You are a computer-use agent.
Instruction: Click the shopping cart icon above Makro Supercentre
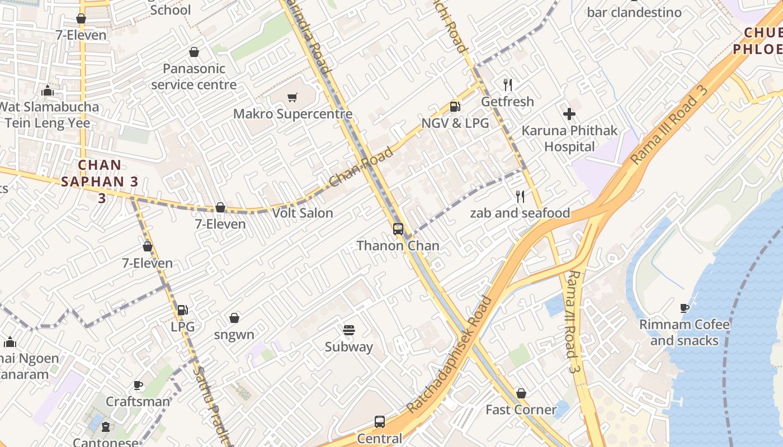(292, 98)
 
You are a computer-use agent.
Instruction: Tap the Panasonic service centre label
(194, 77)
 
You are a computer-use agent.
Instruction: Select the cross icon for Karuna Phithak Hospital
(569, 114)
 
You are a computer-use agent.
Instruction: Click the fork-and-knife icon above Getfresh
(508, 85)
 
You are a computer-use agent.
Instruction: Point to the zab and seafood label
(520, 213)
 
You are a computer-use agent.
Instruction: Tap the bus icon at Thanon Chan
(398, 229)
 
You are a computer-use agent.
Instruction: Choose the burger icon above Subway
(349, 330)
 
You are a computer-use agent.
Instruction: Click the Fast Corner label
(521, 410)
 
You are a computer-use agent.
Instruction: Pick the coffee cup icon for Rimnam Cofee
(685, 308)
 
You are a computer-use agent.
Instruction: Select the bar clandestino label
(634, 12)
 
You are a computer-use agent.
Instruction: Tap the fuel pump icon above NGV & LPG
(455, 107)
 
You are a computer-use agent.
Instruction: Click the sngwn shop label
(234, 335)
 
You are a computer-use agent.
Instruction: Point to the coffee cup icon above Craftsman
(138, 385)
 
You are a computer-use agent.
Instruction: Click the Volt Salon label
(303, 213)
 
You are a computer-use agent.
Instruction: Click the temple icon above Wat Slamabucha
(48, 91)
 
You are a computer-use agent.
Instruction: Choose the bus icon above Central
(379, 421)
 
